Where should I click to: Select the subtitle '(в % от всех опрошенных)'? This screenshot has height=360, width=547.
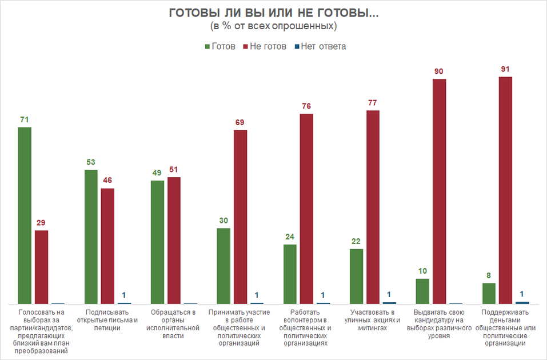coord(273,26)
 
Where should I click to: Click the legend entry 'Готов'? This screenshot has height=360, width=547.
coord(219,46)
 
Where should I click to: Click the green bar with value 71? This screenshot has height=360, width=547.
coord(25,215)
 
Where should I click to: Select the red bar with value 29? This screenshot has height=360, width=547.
coord(41,267)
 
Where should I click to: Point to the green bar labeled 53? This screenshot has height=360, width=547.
coord(91,237)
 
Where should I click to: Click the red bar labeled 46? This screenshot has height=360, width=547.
coord(107,246)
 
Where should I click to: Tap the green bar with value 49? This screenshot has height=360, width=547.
coord(157,242)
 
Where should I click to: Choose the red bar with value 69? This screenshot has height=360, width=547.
coord(241,217)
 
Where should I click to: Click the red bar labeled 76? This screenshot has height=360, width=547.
coord(307,209)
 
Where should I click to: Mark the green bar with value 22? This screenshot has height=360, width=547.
coord(356,276)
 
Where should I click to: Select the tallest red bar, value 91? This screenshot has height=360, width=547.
coord(505,190)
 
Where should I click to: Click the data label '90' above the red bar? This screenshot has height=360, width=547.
coord(439,71)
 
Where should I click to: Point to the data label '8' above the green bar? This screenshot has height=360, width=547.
coord(489,275)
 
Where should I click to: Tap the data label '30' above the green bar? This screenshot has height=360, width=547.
coord(223,220)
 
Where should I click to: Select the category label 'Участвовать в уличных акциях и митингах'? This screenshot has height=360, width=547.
coord(373,320)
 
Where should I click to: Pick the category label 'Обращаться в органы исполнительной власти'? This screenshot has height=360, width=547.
coord(174,324)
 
